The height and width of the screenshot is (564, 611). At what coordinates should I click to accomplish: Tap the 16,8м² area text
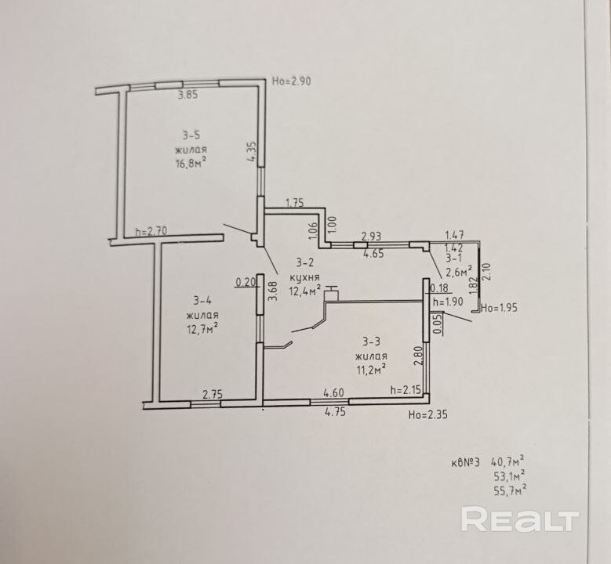click(x=191, y=162)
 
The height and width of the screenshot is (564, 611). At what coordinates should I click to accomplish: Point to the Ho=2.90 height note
click(x=292, y=81)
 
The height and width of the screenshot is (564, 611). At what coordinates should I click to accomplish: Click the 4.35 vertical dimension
click(x=251, y=151)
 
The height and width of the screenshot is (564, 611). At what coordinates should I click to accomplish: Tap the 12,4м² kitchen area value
click(x=305, y=291)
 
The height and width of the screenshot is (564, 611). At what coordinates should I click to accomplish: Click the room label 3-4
click(x=203, y=300)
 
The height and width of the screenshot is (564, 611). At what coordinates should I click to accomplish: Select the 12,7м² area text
click(x=202, y=327)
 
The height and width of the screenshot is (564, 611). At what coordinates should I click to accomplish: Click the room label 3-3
click(x=371, y=341)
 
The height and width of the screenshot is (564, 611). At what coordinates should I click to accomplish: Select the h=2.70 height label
click(x=152, y=231)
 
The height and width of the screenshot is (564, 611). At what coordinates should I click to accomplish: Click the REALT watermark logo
click(x=519, y=520)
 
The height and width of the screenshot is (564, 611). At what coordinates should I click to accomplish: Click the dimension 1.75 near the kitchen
click(x=294, y=203)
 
